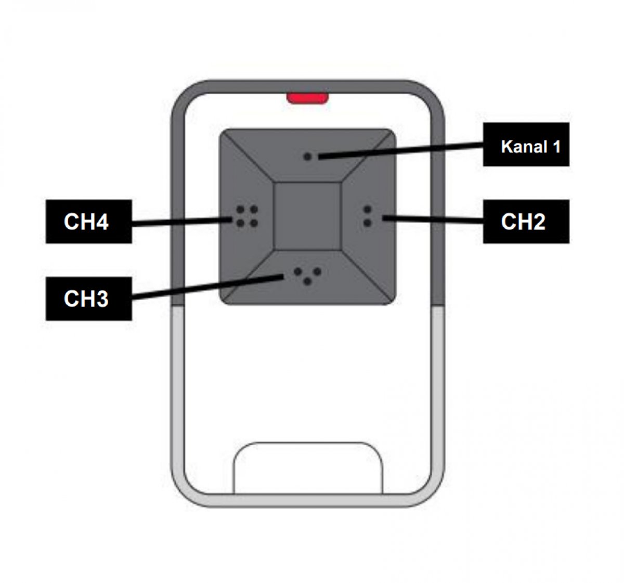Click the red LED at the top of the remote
pyautogui.click(x=307, y=98)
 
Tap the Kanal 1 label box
pyautogui.click(x=526, y=144)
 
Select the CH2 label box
pyautogui.click(x=526, y=221)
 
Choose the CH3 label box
pyautogui.click(x=88, y=299)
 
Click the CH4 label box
pyautogui.click(x=88, y=221)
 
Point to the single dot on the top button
pyautogui.click(x=308, y=156)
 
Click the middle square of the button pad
pyautogui.click(x=307, y=216)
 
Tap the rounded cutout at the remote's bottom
pyautogui.click(x=308, y=468)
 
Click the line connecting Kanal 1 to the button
pyautogui.click(x=400, y=150)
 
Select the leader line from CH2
pyautogui.click(x=433, y=219)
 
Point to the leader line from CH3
pyautogui.click(x=207, y=287)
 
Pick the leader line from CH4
pyautogui.click(x=182, y=222)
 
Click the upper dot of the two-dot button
pyautogui.click(x=367, y=209)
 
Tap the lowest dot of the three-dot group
pyautogui.click(x=308, y=281)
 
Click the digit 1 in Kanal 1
pyautogui.click(x=556, y=147)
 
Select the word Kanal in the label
pyautogui.click(x=524, y=147)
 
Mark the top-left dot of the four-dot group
pyautogui.click(x=240, y=209)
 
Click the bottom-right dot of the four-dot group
pyautogui.click(x=254, y=223)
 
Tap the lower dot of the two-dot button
pyautogui.click(x=367, y=223)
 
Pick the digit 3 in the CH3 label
pyautogui.click(x=101, y=299)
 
